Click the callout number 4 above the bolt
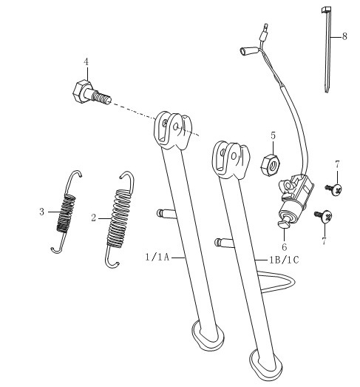coord(86,61)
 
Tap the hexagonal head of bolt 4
coord(81,91)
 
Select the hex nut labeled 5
coord(271,165)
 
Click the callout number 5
coord(273,135)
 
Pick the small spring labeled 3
coord(66,212)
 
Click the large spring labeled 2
coord(120,220)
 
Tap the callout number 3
coord(42,212)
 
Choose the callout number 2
coord(93,218)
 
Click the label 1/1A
coord(157,258)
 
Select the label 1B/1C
coord(284,260)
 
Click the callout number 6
coord(285,247)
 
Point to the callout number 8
coord(344,36)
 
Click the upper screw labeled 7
coord(334,189)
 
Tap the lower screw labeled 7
coord(324,216)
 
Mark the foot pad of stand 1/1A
coord(208,335)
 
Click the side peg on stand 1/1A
coord(165,212)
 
